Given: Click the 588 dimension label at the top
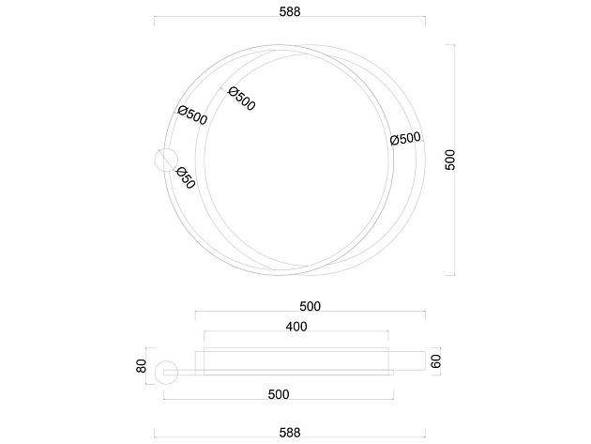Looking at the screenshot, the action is pyautogui.click(x=290, y=11).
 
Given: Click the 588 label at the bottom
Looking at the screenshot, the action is pyautogui.click(x=290, y=433).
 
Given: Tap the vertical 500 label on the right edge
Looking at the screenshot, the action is pyautogui.click(x=450, y=160).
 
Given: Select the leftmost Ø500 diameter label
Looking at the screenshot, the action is pyautogui.click(x=192, y=115).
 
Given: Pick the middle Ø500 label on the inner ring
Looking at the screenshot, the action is pyautogui.click(x=242, y=99).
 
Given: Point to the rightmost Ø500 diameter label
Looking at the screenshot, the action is pyautogui.click(x=405, y=138).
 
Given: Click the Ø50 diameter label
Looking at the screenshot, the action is pyautogui.click(x=186, y=177).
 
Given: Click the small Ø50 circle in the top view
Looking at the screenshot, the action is pyautogui.click(x=166, y=160).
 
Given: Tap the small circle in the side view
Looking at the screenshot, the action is pyautogui.click(x=166, y=373).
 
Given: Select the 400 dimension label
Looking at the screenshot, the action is pyautogui.click(x=296, y=327).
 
